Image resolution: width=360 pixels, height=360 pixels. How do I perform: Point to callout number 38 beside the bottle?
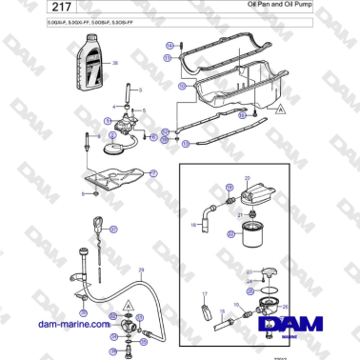point(116,63)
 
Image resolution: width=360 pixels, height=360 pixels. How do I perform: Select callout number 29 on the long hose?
point(142,270)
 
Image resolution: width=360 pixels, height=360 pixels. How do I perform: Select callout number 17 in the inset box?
point(204,295)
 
